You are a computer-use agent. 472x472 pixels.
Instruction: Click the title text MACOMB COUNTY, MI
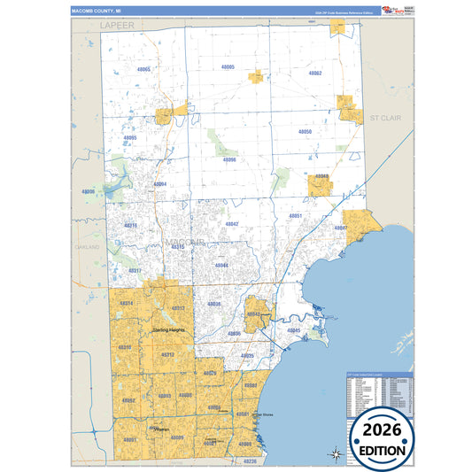point(93,11)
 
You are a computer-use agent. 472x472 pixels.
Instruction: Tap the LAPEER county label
point(117,27)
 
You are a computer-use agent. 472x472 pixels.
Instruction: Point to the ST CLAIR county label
point(387,117)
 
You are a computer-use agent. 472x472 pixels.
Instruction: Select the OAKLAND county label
point(88,247)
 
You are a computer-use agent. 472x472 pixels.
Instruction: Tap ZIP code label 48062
point(315,73)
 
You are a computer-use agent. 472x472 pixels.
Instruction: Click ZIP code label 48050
point(306,131)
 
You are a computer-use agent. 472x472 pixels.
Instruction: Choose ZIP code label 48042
point(232,224)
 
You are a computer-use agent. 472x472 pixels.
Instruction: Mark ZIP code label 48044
point(222,266)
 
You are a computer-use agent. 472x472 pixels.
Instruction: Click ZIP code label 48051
point(296,216)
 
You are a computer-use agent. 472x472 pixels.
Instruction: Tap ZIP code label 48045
point(294,330)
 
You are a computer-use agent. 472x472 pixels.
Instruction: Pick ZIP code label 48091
point(130,439)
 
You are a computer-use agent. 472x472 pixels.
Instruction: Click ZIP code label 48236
point(250,461)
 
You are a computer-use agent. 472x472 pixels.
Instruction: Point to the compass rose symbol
point(336,455)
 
